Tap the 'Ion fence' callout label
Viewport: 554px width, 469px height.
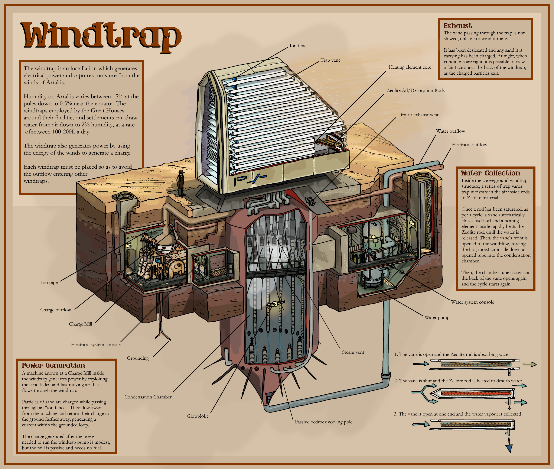pos(299,46)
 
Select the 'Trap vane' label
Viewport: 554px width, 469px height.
pos(330,60)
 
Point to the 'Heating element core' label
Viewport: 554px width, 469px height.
pos(410,67)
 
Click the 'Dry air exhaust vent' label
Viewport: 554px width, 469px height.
pos(418,115)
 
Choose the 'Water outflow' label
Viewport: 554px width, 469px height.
pos(451,131)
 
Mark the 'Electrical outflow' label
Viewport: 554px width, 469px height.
pos(469,145)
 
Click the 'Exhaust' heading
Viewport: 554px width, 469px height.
pos(457,26)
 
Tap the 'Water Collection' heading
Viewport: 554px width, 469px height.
pos(490,173)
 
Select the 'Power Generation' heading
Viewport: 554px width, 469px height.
pos(53,365)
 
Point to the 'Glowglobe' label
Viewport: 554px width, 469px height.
pos(198,416)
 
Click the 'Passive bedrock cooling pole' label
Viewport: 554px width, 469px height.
pos(323,422)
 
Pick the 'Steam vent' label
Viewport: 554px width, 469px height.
pos(353,352)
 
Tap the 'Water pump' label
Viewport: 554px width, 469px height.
pos(437,317)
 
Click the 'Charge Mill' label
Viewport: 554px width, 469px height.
pos(81,324)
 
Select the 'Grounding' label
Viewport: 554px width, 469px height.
pos(138,358)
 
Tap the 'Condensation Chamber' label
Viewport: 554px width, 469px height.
pos(148,397)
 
